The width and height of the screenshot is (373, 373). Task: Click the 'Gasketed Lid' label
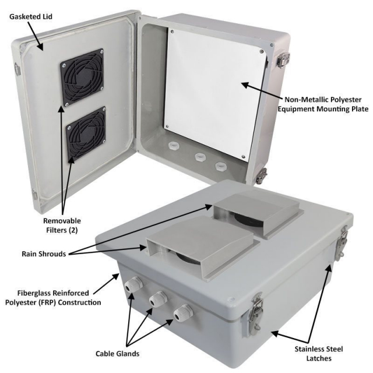[31, 16]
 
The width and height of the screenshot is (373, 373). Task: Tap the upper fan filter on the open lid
[81, 76]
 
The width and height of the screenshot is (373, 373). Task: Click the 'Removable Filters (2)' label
[61, 226]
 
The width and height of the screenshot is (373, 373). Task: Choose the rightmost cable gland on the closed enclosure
[183, 314]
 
